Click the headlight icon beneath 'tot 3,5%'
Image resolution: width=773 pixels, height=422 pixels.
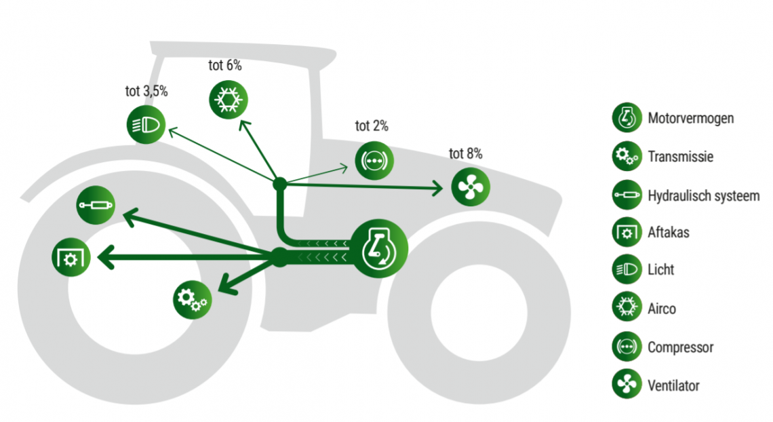146,125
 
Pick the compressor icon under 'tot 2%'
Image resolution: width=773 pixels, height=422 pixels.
374,160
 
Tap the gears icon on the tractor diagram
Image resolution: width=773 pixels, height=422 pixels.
193,298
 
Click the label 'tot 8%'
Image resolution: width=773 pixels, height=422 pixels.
466,154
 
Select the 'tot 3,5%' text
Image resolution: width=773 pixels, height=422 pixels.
146,92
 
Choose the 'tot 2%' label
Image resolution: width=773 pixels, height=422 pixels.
372,126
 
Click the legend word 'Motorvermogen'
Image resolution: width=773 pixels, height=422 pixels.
690,119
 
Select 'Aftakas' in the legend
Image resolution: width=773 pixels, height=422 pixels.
668,233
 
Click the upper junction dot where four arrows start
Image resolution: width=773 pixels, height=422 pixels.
279,183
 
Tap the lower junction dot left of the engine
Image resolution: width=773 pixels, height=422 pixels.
279,256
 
